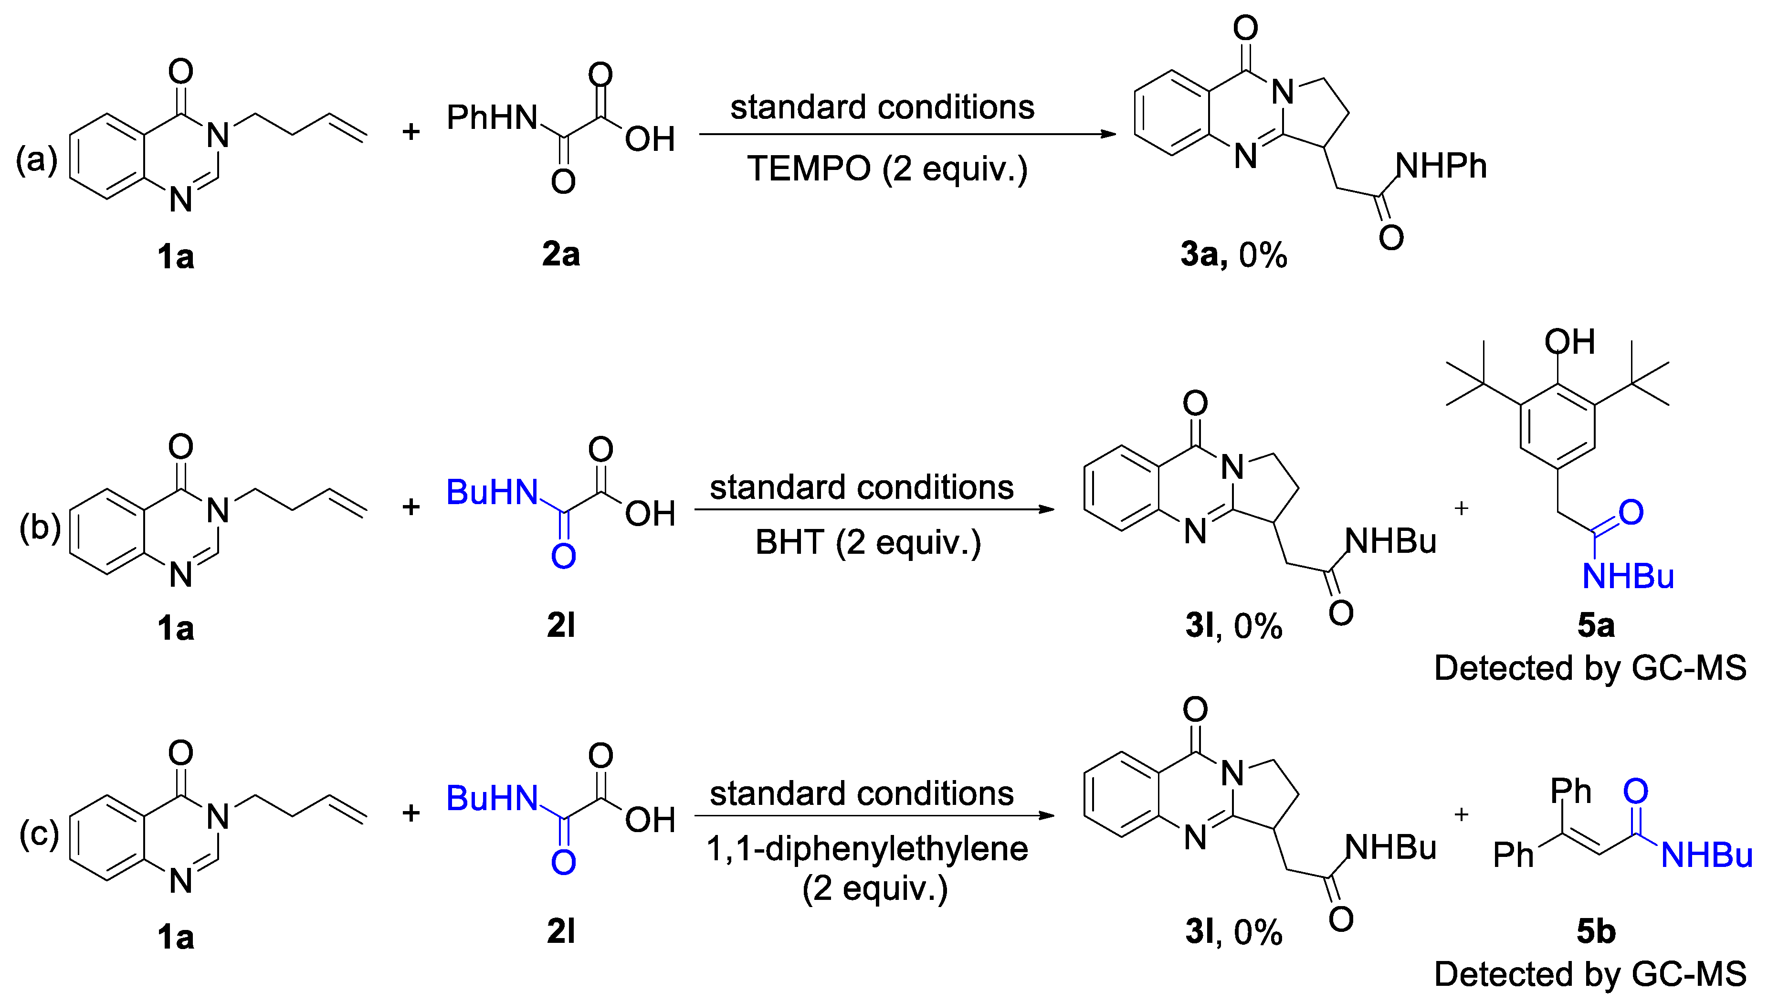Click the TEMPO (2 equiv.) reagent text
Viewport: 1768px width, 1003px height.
(887, 169)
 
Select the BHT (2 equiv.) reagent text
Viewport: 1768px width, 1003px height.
(868, 543)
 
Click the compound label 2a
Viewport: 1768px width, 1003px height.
(561, 255)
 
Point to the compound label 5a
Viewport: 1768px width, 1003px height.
(1595, 625)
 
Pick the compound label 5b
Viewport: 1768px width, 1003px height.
(1595, 932)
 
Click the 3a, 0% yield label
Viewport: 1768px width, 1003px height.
(1233, 255)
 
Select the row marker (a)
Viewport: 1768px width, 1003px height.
(36, 160)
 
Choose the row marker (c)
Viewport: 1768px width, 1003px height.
(39, 834)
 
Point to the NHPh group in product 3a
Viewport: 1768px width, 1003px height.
(1441, 166)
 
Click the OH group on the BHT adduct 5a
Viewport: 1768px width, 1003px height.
(1569, 342)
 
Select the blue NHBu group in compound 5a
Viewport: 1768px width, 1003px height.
(1628, 576)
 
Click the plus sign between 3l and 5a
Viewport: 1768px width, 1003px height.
(1461, 508)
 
